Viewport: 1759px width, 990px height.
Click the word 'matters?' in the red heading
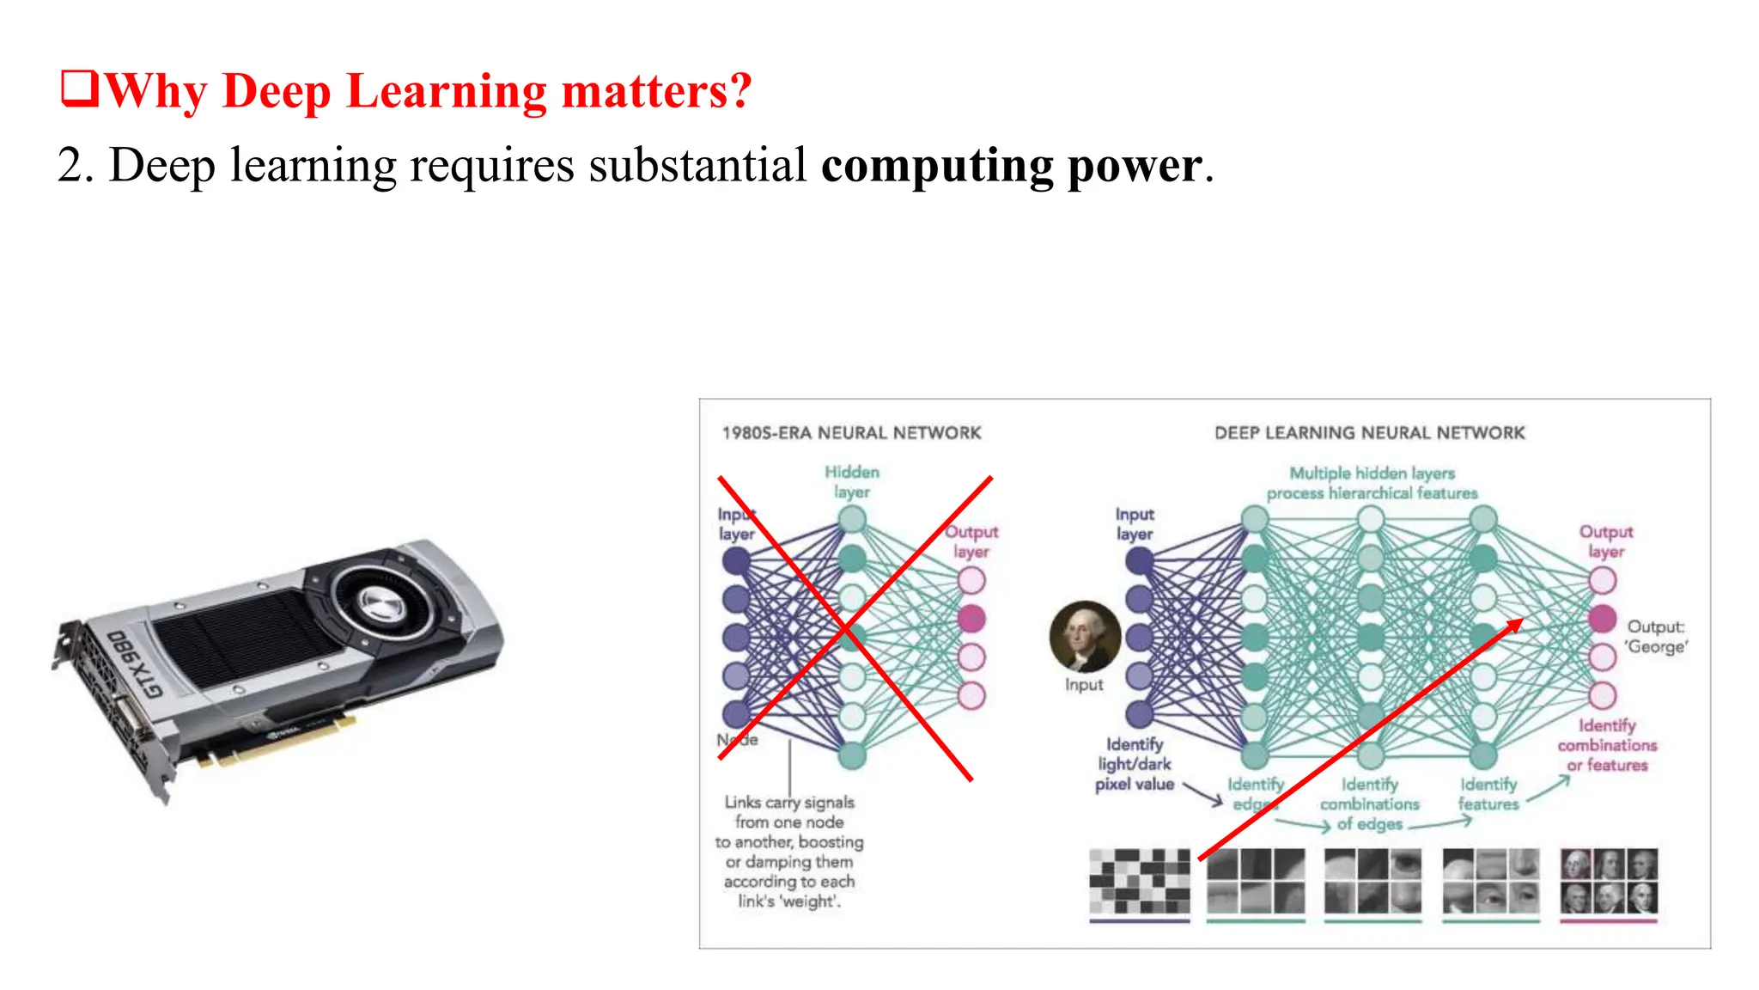coord(656,91)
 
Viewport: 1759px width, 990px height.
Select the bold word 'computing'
coord(936,165)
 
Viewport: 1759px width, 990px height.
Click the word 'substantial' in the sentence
coord(697,165)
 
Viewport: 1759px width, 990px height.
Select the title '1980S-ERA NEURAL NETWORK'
coord(851,433)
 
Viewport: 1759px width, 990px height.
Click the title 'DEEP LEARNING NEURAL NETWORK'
coord(1369,433)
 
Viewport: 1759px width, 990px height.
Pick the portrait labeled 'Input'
coord(1085,637)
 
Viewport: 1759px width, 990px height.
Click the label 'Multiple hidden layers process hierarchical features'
coord(1372,483)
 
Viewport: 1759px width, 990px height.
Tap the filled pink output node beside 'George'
coord(1602,618)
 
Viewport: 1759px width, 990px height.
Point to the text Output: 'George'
coord(1656,637)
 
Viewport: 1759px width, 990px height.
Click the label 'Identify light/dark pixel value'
coord(1134,764)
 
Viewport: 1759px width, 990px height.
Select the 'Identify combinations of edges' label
coord(1370,804)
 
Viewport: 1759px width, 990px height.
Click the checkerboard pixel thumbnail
coord(1140,882)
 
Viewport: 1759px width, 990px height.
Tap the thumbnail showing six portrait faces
coord(1609,882)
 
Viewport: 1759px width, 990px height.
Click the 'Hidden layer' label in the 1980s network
coord(852,482)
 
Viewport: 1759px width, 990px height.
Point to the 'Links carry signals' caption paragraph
coord(789,851)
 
